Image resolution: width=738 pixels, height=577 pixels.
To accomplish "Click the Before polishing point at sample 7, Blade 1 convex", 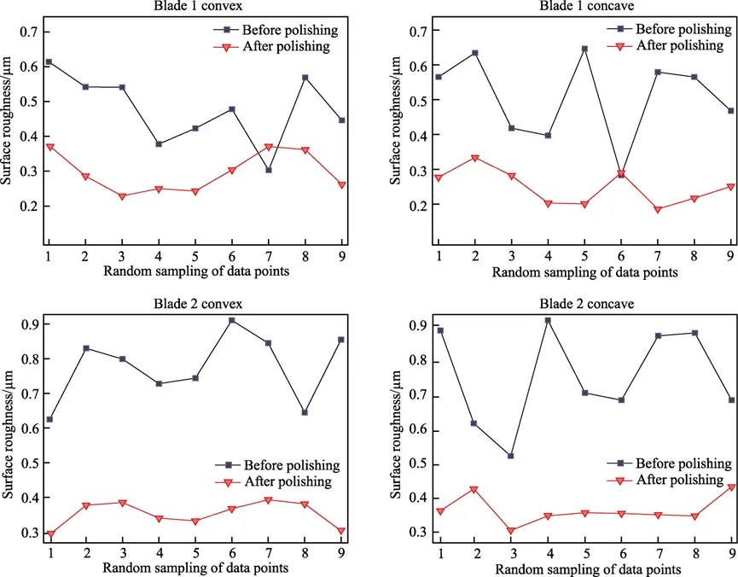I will click(x=269, y=170).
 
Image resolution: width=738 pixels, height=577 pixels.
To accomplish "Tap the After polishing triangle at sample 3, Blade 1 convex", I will click(x=122, y=196).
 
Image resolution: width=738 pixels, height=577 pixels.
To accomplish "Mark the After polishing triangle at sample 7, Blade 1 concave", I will click(x=658, y=209).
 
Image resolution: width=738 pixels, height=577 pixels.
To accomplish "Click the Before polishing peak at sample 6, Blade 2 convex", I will click(x=232, y=320).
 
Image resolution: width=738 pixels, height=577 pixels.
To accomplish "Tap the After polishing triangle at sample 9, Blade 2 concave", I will click(x=731, y=487).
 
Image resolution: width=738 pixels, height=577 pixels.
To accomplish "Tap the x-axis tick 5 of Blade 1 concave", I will click(x=584, y=256).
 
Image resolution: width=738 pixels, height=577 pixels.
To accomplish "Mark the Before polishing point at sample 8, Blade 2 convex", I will click(x=305, y=412).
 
